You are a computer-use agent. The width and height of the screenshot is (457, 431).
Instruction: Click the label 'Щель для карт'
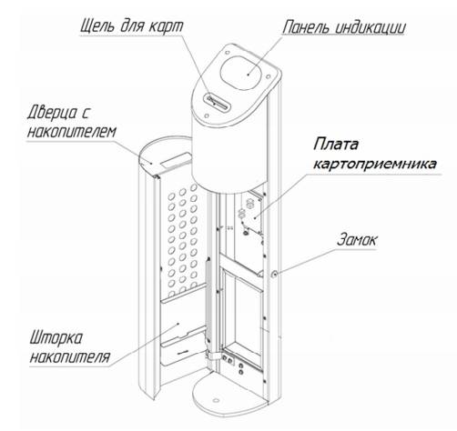(132, 26)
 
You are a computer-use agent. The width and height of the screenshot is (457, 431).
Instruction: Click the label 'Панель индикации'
(344, 27)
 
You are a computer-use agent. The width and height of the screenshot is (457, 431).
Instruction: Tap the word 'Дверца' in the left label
(52, 113)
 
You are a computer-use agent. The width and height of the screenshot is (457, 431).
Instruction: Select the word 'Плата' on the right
(336, 144)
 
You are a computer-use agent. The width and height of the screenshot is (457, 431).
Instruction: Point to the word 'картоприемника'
(375, 164)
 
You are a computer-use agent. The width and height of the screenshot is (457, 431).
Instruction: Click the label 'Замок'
(357, 239)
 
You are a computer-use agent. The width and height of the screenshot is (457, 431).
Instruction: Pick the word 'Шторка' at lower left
(56, 337)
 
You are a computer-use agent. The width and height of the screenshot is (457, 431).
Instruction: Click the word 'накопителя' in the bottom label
(69, 356)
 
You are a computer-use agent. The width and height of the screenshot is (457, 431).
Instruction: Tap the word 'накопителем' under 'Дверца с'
(72, 132)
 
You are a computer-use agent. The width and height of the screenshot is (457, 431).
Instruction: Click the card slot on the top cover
(218, 102)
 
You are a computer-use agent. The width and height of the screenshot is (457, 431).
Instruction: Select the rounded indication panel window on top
(241, 73)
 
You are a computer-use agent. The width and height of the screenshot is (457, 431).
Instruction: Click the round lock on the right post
(274, 275)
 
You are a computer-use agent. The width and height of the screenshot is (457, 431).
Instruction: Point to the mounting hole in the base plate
(216, 400)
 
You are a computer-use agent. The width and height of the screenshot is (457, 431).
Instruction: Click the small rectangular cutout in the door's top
(177, 160)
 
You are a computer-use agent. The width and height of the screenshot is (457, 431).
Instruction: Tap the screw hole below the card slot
(207, 115)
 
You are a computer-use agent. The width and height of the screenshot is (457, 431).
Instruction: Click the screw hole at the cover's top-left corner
(227, 53)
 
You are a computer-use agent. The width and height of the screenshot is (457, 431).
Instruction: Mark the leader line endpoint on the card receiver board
(255, 217)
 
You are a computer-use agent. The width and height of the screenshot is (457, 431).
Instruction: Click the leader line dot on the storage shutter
(178, 324)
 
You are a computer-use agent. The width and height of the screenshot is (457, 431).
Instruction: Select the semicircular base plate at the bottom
(230, 394)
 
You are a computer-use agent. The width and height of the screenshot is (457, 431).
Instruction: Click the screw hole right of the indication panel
(268, 77)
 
